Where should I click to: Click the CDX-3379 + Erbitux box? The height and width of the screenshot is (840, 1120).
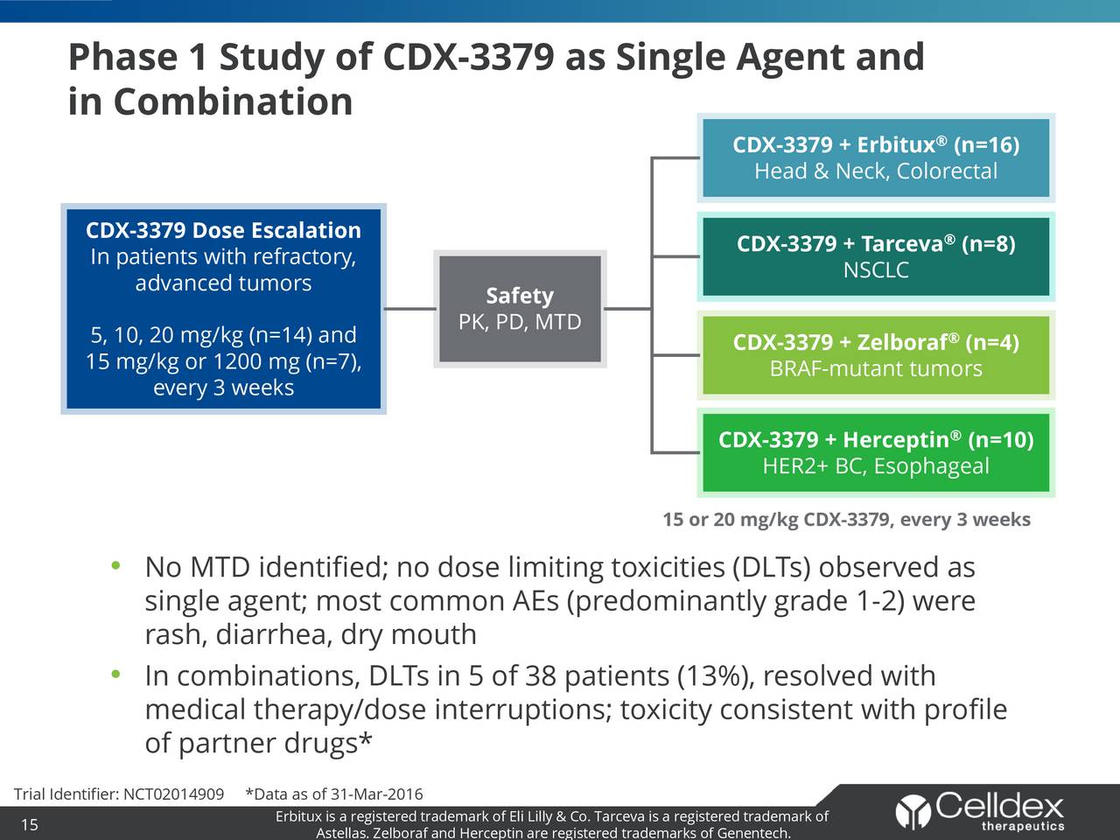876,157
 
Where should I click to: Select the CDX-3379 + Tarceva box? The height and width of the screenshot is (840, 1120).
876,255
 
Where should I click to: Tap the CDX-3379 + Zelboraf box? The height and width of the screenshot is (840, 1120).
876,354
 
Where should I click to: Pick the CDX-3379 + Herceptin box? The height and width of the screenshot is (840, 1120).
876,452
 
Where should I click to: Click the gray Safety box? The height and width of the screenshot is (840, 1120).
520,309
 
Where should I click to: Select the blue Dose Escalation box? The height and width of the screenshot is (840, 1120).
223,309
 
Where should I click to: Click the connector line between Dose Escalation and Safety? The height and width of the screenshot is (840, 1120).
409,309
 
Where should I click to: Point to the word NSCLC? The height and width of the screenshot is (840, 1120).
876,270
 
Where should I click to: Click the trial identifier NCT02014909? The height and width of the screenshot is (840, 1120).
174,794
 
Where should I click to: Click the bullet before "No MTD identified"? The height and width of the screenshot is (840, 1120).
115,567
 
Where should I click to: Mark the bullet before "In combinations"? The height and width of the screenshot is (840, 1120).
115,675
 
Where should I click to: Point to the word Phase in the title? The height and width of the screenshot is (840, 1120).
123,58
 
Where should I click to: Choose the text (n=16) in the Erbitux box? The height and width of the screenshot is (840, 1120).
986,144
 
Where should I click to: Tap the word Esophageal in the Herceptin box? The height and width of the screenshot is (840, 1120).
931,466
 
